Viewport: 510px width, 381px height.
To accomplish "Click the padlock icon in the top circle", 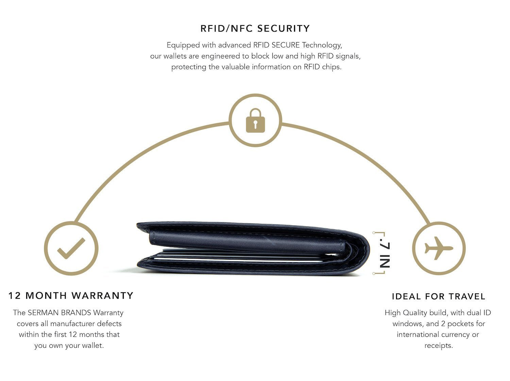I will pos(255,120).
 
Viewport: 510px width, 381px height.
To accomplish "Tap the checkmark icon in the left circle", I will pos(71,248).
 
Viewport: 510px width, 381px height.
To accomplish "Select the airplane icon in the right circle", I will pos(439,248).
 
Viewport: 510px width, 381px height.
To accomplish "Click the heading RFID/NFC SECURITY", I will pos(255,29).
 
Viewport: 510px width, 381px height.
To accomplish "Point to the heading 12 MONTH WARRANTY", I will pos(71,296).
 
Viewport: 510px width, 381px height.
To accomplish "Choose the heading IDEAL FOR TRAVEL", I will pos(439,296).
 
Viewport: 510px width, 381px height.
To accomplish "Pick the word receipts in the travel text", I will pos(438,346).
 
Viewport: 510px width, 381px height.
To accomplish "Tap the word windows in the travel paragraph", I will pos(407,324).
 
